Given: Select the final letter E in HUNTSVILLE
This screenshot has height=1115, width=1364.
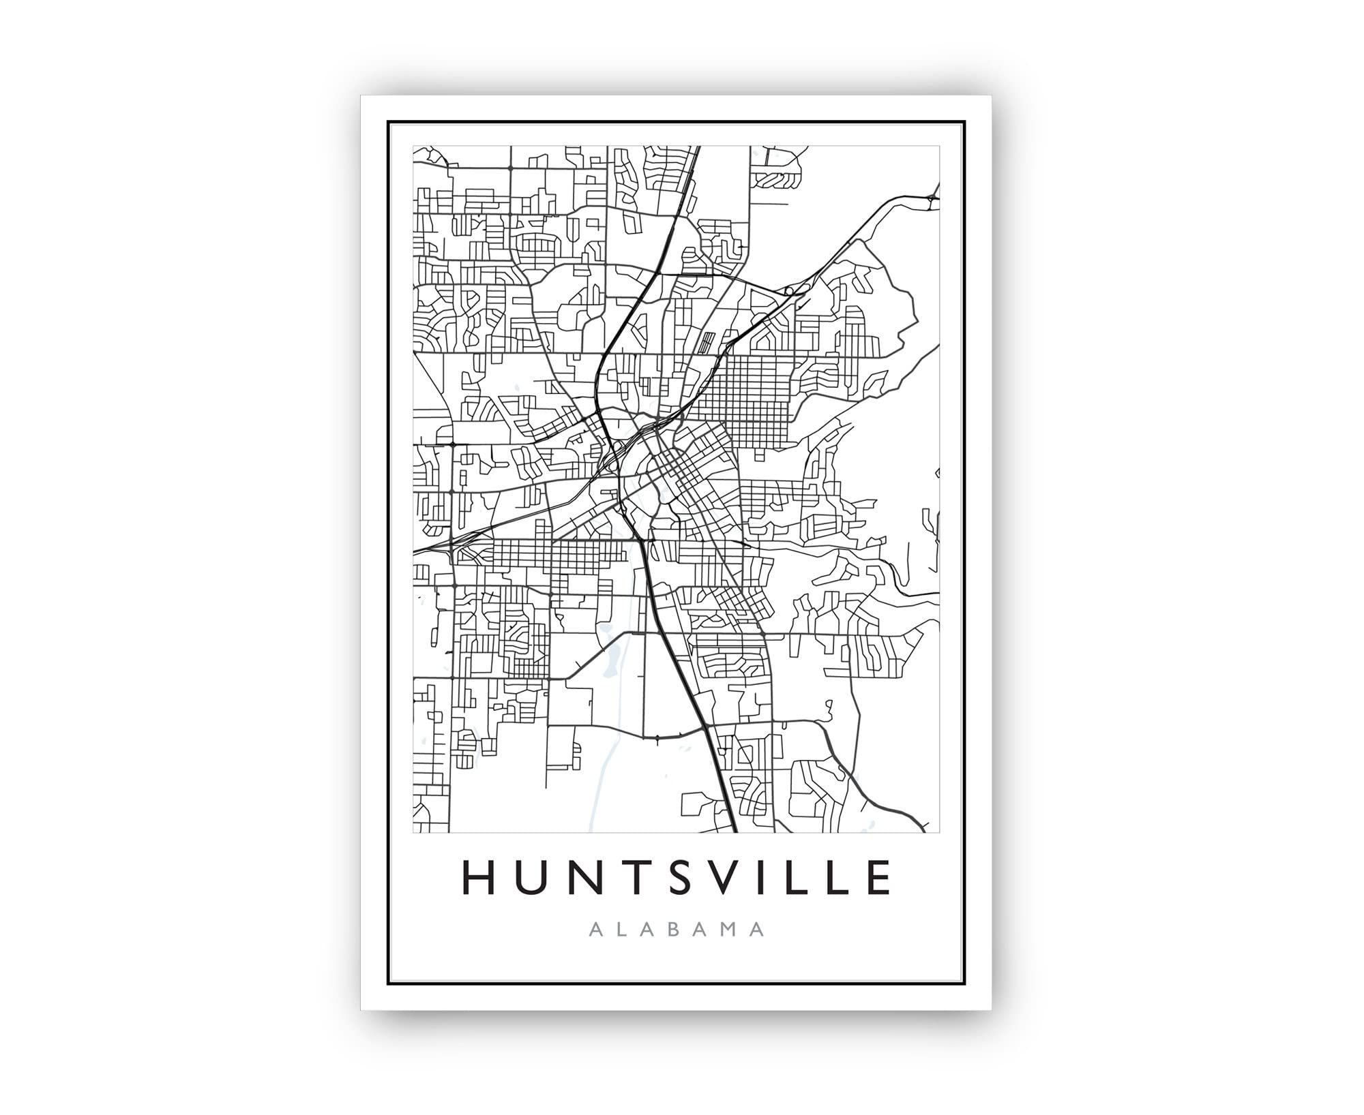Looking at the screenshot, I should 879,877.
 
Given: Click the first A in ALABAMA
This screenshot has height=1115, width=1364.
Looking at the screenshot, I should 594,930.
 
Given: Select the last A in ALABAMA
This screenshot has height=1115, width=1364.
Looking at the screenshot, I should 757,930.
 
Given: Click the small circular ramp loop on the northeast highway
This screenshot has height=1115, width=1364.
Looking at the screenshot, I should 788,292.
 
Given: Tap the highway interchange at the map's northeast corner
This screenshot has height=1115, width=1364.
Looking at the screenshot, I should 931,197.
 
